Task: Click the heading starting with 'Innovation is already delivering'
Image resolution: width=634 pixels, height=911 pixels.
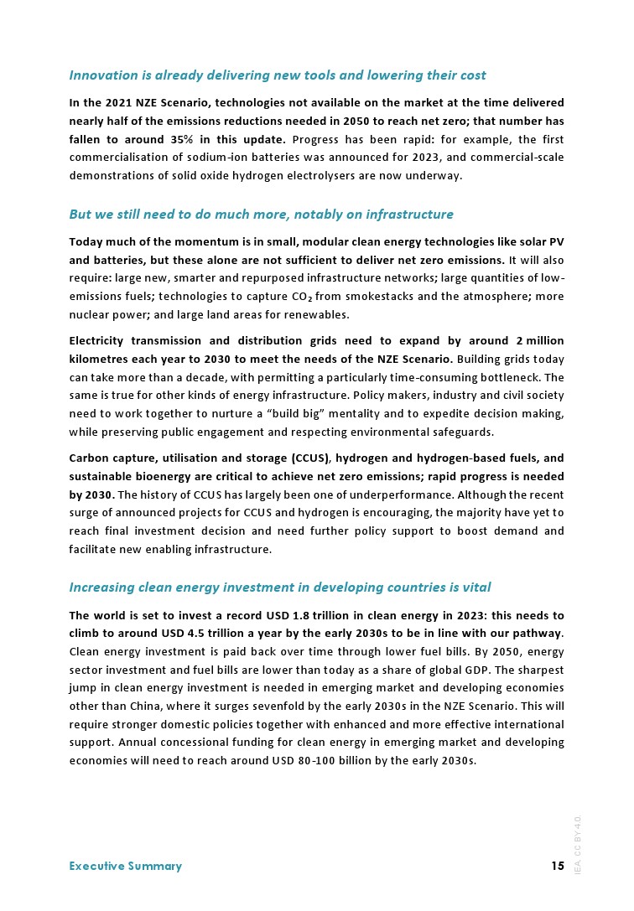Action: coord(277,75)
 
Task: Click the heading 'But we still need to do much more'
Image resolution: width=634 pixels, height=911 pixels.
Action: coord(261,215)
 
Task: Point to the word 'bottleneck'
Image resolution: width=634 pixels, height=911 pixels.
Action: coord(503,377)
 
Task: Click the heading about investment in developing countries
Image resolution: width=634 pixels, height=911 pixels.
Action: coord(279,587)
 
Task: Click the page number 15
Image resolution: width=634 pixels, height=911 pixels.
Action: coord(557,866)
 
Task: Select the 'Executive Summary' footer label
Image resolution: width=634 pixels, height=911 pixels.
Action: coord(125,866)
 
